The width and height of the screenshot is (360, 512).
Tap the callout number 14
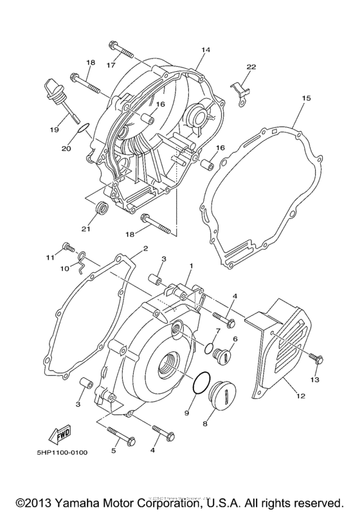[x=206, y=49]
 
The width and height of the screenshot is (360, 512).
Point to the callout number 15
[x=306, y=98]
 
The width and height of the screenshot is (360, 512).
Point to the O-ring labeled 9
[x=201, y=387]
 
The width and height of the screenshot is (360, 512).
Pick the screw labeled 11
[x=67, y=247]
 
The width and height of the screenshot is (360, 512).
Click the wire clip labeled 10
[x=80, y=258]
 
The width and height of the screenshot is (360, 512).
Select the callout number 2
[x=145, y=248]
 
